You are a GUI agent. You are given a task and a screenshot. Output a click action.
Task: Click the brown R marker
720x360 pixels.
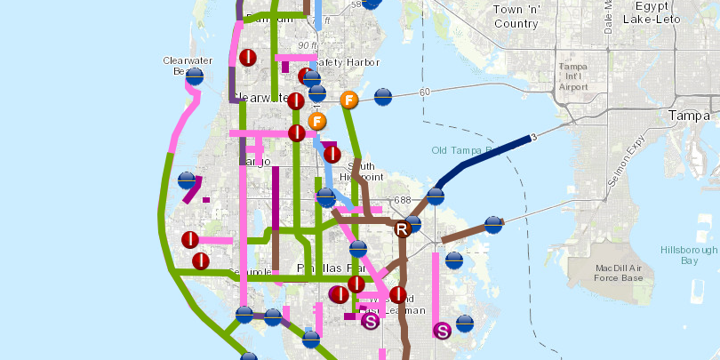[402, 230]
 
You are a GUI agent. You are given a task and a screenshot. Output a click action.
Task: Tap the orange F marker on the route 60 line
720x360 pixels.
[349, 100]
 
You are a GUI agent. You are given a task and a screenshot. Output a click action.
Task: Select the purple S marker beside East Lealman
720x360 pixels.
[372, 322]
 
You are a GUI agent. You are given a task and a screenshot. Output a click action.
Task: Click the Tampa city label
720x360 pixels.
[690, 116]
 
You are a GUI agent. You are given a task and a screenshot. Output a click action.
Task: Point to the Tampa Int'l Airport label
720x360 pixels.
[580, 76]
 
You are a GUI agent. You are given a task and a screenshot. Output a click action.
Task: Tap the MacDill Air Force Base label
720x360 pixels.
[621, 271]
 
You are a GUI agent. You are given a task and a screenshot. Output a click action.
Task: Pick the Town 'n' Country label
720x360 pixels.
[517, 16]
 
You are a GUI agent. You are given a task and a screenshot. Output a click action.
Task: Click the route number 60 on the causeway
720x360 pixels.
[425, 92]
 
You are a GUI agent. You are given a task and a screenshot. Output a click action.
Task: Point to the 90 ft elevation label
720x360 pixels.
[308, 45]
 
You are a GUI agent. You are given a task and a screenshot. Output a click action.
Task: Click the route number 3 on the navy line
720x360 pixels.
[533, 137]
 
